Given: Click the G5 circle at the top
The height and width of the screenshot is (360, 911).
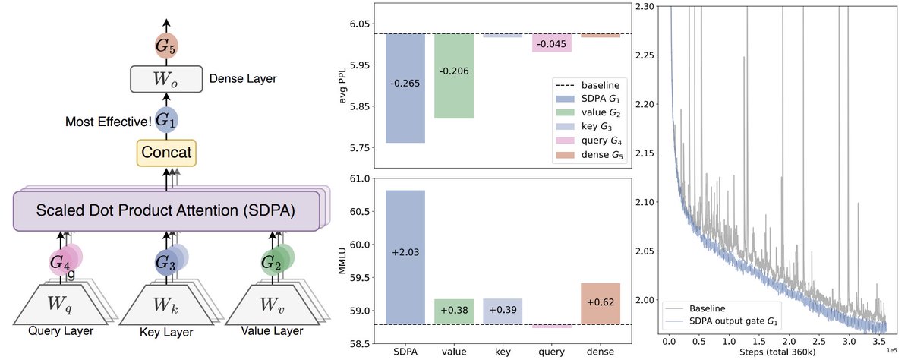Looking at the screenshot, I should [x=165, y=46].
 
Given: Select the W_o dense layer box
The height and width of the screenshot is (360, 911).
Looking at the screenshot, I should [x=165, y=79].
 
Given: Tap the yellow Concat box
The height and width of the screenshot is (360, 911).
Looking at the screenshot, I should [x=165, y=151].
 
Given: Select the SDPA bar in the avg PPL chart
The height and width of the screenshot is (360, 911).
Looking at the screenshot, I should [x=405, y=88].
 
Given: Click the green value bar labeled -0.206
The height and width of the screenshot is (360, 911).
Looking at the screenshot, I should [x=454, y=76].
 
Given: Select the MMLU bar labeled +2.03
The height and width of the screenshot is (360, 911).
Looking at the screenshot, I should [x=405, y=257].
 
